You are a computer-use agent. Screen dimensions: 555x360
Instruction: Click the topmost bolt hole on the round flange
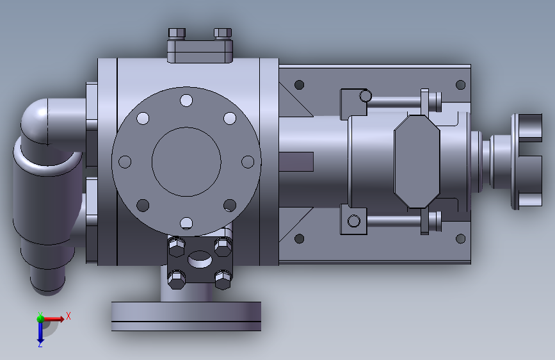(x=186, y=101)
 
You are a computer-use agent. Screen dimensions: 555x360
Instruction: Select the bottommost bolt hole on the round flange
(x=186, y=223)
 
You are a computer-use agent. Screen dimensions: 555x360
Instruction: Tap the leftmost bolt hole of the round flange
(x=125, y=162)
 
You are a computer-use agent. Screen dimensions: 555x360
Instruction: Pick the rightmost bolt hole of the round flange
(x=248, y=162)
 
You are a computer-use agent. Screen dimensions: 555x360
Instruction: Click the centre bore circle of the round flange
(x=186, y=161)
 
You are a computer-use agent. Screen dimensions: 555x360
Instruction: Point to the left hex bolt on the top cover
(x=177, y=33)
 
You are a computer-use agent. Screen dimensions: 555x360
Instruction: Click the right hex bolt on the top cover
(x=223, y=33)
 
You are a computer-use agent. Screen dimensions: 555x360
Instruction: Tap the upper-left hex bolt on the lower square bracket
(x=177, y=246)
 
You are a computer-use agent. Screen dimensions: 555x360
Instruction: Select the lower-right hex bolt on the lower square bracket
(x=223, y=279)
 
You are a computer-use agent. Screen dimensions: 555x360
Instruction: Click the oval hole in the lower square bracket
(x=200, y=259)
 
